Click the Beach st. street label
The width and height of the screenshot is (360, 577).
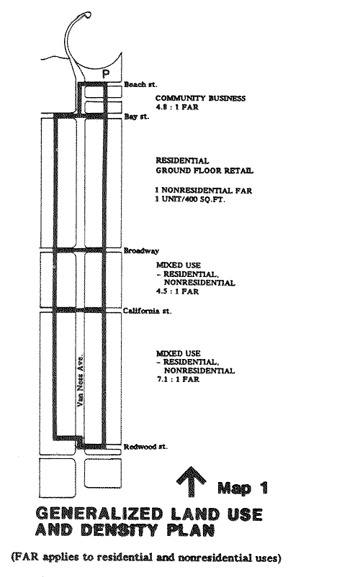pyautogui.click(x=140, y=85)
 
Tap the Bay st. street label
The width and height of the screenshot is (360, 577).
pyautogui.click(x=137, y=117)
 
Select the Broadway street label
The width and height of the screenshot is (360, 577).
pyautogui.click(x=141, y=251)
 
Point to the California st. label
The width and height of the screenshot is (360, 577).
pyautogui.click(x=147, y=311)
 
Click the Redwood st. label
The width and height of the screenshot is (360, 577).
pyautogui.click(x=145, y=447)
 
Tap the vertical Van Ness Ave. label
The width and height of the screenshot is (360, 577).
pyautogui.click(x=81, y=381)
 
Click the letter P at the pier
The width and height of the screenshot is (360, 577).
pyautogui.click(x=106, y=74)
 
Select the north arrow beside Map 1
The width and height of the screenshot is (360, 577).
pyautogui.click(x=192, y=481)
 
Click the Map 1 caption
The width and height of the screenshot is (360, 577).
pyautogui.click(x=243, y=488)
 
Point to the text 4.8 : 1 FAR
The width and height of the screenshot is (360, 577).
pyautogui.click(x=177, y=107)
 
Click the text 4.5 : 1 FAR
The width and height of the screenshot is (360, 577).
pyautogui.click(x=177, y=292)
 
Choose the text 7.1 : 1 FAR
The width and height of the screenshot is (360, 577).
pyautogui.click(x=178, y=379)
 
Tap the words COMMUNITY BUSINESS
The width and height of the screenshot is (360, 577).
pyautogui.click(x=201, y=99)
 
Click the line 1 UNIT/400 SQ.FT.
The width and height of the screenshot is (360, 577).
pyautogui.click(x=190, y=200)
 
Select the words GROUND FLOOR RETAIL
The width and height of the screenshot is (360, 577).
pyautogui.click(x=204, y=171)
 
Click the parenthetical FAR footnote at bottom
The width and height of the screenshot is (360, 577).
pyautogui.click(x=146, y=558)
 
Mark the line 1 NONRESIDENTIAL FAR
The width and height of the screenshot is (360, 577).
pyautogui.click(x=204, y=191)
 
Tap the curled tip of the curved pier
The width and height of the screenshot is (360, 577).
pyautogui.click(x=88, y=15)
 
